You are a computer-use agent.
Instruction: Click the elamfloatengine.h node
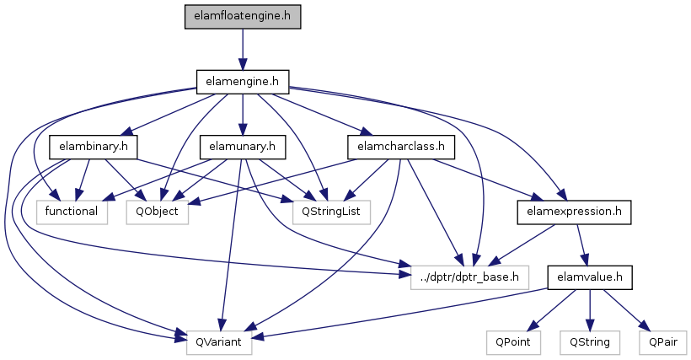click(243, 17)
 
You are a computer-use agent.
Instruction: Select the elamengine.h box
click(243, 82)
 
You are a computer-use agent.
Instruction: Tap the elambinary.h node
click(94, 147)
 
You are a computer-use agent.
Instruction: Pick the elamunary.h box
click(243, 147)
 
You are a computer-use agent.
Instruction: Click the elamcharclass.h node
click(401, 147)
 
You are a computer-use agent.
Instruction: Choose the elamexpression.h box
click(574, 212)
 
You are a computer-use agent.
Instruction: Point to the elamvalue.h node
click(590, 277)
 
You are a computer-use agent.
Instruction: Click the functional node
click(72, 212)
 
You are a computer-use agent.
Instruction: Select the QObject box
click(158, 212)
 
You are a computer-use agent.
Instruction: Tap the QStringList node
click(331, 212)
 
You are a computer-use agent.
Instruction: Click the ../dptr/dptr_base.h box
click(469, 277)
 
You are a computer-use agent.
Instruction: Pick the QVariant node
click(219, 342)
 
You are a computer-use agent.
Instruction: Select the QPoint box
click(513, 342)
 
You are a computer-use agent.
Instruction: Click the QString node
click(590, 342)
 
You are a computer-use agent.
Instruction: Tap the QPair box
click(663, 342)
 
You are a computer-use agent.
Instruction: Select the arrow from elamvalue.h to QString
click(590, 309)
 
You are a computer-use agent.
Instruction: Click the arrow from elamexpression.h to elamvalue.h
click(581, 244)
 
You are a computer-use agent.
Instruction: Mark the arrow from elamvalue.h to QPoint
click(551, 309)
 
